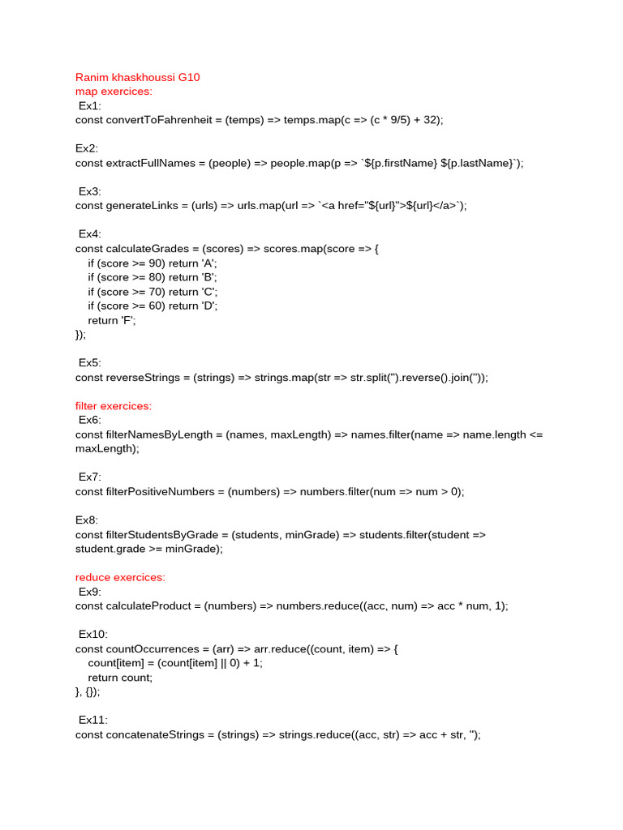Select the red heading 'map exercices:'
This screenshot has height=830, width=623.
(114, 92)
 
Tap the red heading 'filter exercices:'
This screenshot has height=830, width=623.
(114, 405)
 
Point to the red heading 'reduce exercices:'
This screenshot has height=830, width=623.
(120, 577)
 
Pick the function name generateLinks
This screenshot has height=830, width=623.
(142, 206)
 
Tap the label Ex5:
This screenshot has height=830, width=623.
(90, 362)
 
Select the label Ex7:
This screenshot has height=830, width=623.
(90, 477)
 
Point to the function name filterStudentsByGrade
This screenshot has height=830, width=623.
(163, 534)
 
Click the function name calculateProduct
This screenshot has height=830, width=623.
(148, 605)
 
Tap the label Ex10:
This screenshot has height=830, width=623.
(92, 634)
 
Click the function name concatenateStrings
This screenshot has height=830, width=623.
(156, 734)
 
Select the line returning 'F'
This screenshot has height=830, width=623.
(113, 320)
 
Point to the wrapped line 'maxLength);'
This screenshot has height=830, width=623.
(107, 448)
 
